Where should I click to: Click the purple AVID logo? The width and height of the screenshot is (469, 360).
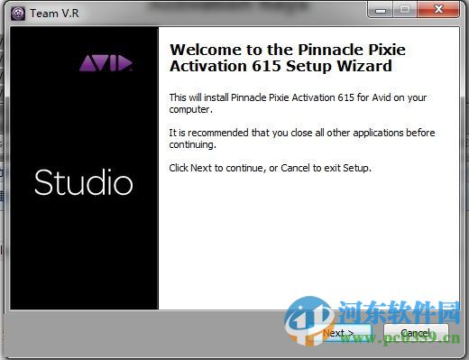tap(106, 63)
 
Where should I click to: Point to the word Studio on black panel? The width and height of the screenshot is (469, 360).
tap(83, 183)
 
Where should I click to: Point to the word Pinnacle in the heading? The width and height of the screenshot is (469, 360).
tap(338, 50)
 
